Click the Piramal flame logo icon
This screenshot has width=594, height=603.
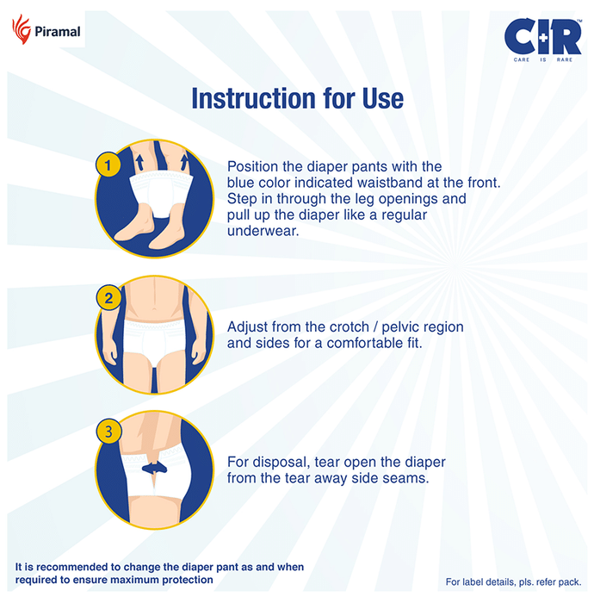tap(22, 29)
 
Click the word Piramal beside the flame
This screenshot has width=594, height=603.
tap(58, 32)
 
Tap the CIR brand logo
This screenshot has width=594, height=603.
tap(542, 36)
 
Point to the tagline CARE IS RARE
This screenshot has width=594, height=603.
tap(543, 59)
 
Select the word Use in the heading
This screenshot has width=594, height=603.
tap(383, 98)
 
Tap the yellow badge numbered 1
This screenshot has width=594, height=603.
tap(108, 165)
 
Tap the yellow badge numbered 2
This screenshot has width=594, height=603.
tap(108, 298)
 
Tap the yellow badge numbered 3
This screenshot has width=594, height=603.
tap(108, 431)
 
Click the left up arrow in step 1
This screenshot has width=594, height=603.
tap(139, 162)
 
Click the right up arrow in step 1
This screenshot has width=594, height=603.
tap(184, 162)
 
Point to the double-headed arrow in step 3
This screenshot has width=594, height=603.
tap(154, 468)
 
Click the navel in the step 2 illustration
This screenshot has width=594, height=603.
tap(154, 308)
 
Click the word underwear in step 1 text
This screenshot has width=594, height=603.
tap(263, 231)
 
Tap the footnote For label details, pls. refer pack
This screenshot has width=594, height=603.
tap(513, 582)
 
